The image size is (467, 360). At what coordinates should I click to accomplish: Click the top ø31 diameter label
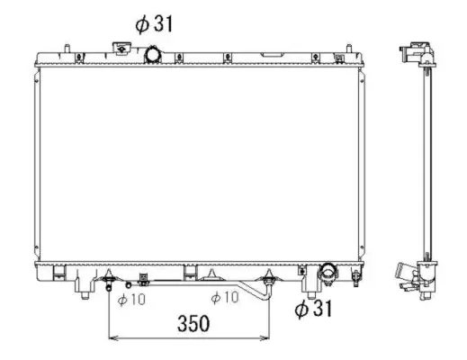tap(154, 24)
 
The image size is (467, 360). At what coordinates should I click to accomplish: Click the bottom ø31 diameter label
tap(314, 310)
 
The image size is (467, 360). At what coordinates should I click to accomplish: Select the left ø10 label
tap(132, 299)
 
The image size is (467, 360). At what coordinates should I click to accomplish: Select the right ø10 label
tap(224, 299)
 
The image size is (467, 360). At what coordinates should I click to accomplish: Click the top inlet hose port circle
tap(153, 56)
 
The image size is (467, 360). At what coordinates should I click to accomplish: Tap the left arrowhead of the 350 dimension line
tap(112, 339)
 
